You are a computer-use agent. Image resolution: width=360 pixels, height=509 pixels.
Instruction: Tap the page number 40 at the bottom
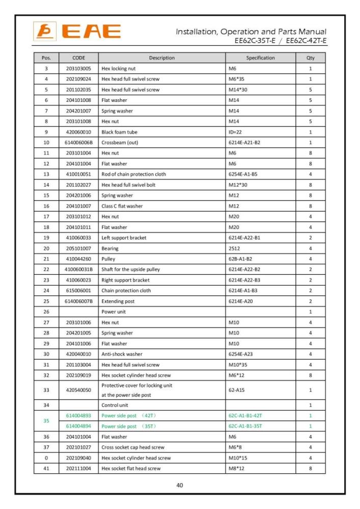pyautogui.click(x=180, y=485)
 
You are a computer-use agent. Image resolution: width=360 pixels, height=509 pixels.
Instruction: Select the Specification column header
pyautogui.click(x=260, y=58)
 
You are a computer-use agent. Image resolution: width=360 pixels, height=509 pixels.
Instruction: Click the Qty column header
pyautogui.click(x=310, y=58)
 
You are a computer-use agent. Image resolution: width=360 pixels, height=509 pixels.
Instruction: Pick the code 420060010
pyautogui.click(x=78, y=132)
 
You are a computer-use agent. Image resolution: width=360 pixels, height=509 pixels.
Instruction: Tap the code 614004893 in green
pyautogui.click(x=78, y=416)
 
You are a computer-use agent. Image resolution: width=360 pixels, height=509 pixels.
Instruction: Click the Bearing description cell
pyautogui.click(x=110, y=248)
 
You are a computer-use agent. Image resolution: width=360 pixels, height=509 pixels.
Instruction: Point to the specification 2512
pyautogui.click(x=234, y=248)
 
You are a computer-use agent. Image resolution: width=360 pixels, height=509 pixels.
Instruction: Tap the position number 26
pyautogui.click(x=46, y=312)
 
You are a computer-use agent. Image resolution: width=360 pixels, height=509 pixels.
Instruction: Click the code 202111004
pyautogui.click(x=78, y=468)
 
